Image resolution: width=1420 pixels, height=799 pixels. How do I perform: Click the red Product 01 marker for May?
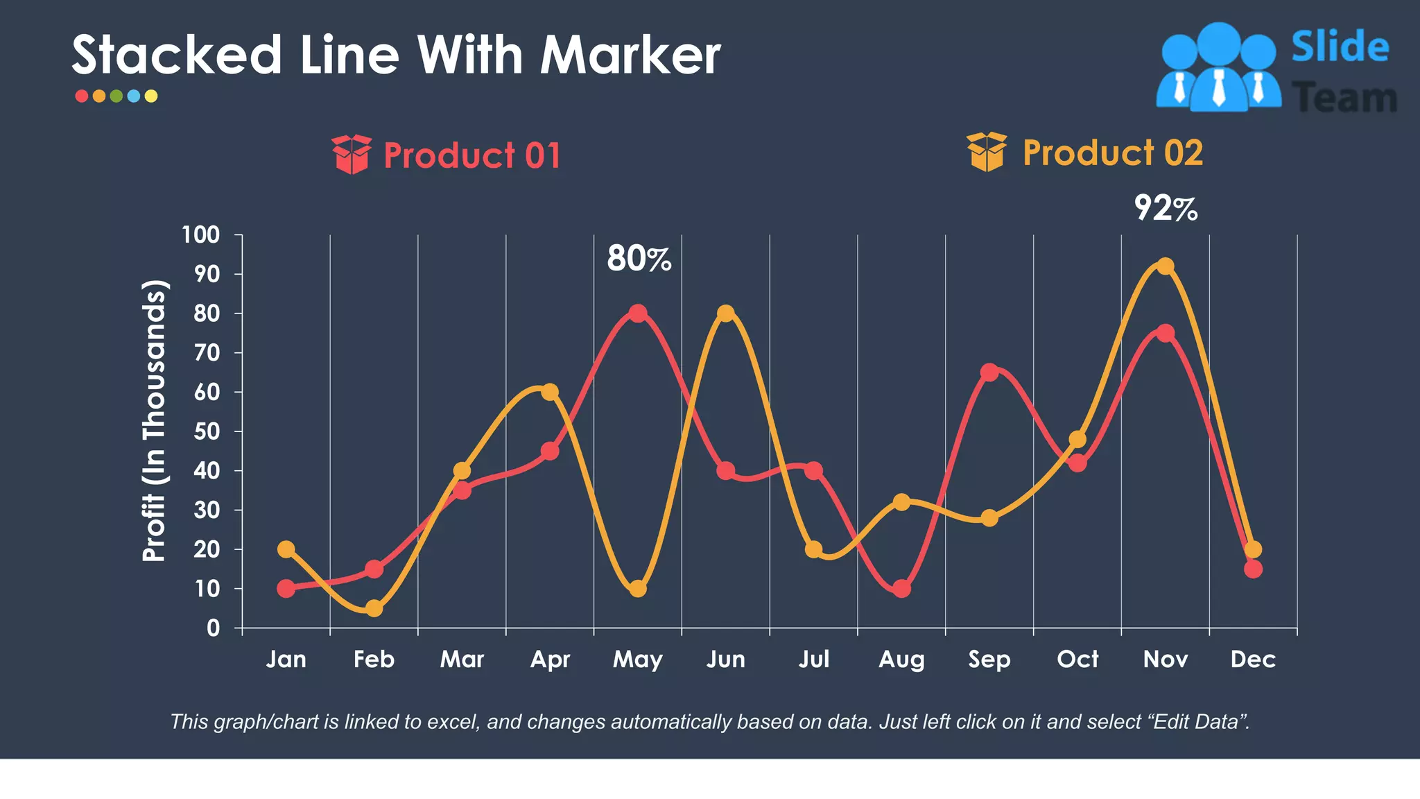point(638,313)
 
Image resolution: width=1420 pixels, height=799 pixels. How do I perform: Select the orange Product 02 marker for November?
point(1166,266)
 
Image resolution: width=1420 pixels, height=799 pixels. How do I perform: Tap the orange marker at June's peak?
point(725,313)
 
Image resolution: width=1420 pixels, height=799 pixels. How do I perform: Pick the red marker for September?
point(989,372)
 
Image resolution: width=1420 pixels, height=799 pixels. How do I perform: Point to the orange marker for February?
point(374,608)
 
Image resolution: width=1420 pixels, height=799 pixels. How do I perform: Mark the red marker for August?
point(901,589)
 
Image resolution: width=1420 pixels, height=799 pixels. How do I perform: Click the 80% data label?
point(639,259)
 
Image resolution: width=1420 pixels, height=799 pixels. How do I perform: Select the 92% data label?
point(1166,208)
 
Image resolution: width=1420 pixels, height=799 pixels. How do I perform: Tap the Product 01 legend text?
point(472,155)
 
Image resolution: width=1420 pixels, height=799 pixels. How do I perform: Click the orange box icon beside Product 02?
point(987,152)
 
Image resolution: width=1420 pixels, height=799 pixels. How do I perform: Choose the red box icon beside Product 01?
point(352,155)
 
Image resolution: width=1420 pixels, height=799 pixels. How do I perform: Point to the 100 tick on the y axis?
point(200,235)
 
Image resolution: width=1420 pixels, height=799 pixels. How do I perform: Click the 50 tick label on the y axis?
point(207,431)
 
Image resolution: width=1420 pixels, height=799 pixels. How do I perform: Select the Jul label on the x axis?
point(813,659)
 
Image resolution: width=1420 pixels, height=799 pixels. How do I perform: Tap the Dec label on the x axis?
point(1253,659)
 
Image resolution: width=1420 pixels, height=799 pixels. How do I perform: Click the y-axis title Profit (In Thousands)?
point(155,421)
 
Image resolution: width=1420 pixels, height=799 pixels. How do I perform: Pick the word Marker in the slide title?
point(630,55)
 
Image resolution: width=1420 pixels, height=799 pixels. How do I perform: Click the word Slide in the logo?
point(1340,47)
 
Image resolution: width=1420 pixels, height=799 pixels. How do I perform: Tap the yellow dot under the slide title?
point(151,96)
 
